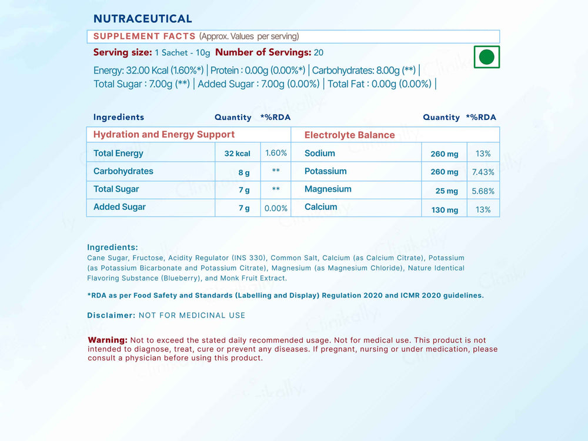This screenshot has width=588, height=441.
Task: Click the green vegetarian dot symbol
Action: [x=486, y=57]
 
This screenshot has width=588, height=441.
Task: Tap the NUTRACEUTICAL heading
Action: [x=143, y=19]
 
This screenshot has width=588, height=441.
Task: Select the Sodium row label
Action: [x=320, y=153]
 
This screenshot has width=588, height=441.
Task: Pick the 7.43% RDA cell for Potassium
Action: [x=483, y=172]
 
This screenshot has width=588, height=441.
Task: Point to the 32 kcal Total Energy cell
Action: [x=237, y=153]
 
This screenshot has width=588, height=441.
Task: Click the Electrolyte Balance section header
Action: [x=349, y=135]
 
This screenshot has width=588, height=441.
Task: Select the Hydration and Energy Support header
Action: [x=164, y=135]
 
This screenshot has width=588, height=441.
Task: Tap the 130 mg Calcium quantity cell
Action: [x=445, y=210]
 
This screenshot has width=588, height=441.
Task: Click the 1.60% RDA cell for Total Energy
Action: [x=276, y=153]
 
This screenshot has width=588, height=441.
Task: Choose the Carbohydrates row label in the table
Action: [x=123, y=172]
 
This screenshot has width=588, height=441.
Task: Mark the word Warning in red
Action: [x=108, y=340]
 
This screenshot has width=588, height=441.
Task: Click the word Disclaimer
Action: [x=111, y=315]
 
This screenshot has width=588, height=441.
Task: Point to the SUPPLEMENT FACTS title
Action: [x=144, y=36]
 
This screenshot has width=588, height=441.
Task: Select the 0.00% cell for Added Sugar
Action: [x=276, y=208]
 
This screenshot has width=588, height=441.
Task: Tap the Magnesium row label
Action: [x=328, y=189]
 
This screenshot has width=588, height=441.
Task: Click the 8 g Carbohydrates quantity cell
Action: [x=243, y=172]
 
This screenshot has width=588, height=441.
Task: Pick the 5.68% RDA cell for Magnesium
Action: [x=483, y=191]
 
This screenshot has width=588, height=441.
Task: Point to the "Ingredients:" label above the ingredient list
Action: [x=112, y=248]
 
